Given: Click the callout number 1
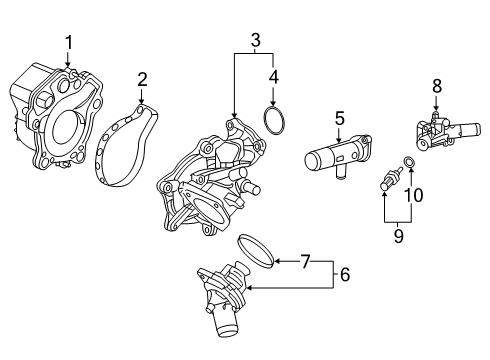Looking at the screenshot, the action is (x=68, y=43).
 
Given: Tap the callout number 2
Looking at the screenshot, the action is (x=142, y=80).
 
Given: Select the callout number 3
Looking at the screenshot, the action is (x=255, y=40).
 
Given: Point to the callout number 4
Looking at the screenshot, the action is (x=273, y=77).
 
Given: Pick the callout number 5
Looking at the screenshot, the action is (x=339, y=119).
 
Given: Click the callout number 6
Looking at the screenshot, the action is (x=345, y=275).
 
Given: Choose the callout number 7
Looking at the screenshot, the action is (x=306, y=261).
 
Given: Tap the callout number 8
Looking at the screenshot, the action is (x=437, y=86).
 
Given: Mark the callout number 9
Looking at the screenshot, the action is (x=398, y=236).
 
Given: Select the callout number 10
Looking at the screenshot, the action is (x=413, y=195).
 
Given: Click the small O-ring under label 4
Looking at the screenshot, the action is (x=274, y=121).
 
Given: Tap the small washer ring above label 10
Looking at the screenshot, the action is (x=409, y=162).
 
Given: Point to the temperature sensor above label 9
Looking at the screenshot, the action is (x=391, y=179).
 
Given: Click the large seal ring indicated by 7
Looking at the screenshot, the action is (x=256, y=251).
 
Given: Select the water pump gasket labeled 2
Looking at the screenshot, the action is (x=126, y=145).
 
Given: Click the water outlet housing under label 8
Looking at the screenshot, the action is (x=447, y=133).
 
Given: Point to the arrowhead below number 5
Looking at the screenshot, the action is (x=339, y=140).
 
